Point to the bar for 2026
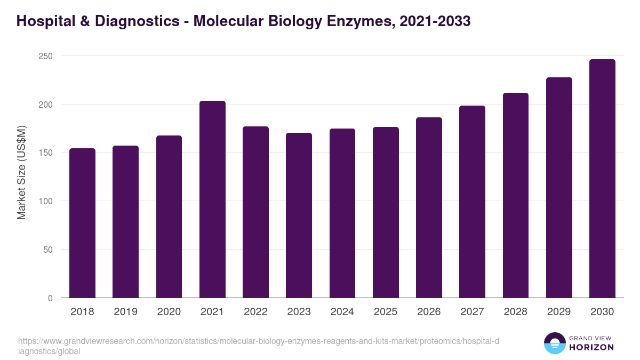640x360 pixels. pyautogui.click(x=429, y=207)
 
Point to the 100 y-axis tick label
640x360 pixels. pyautogui.click(x=46, y=201)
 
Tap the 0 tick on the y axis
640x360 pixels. pyautogui.click(x=50, y=298)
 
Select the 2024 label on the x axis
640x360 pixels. pyautogui.click(x=342, y=312)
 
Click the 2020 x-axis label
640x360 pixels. pyautogui.click(x=169, y=312)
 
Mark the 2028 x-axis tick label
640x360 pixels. pyautogui.click(x=515, y=312)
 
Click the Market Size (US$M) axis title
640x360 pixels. pyautogui.click(x=21, y=172)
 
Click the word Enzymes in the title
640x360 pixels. pyautogui.click(x=348, y=21)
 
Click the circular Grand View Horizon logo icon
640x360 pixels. pyautogui.click(x=554, y=343)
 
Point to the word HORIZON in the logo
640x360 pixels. pyautogui.click(x=592, y=347)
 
